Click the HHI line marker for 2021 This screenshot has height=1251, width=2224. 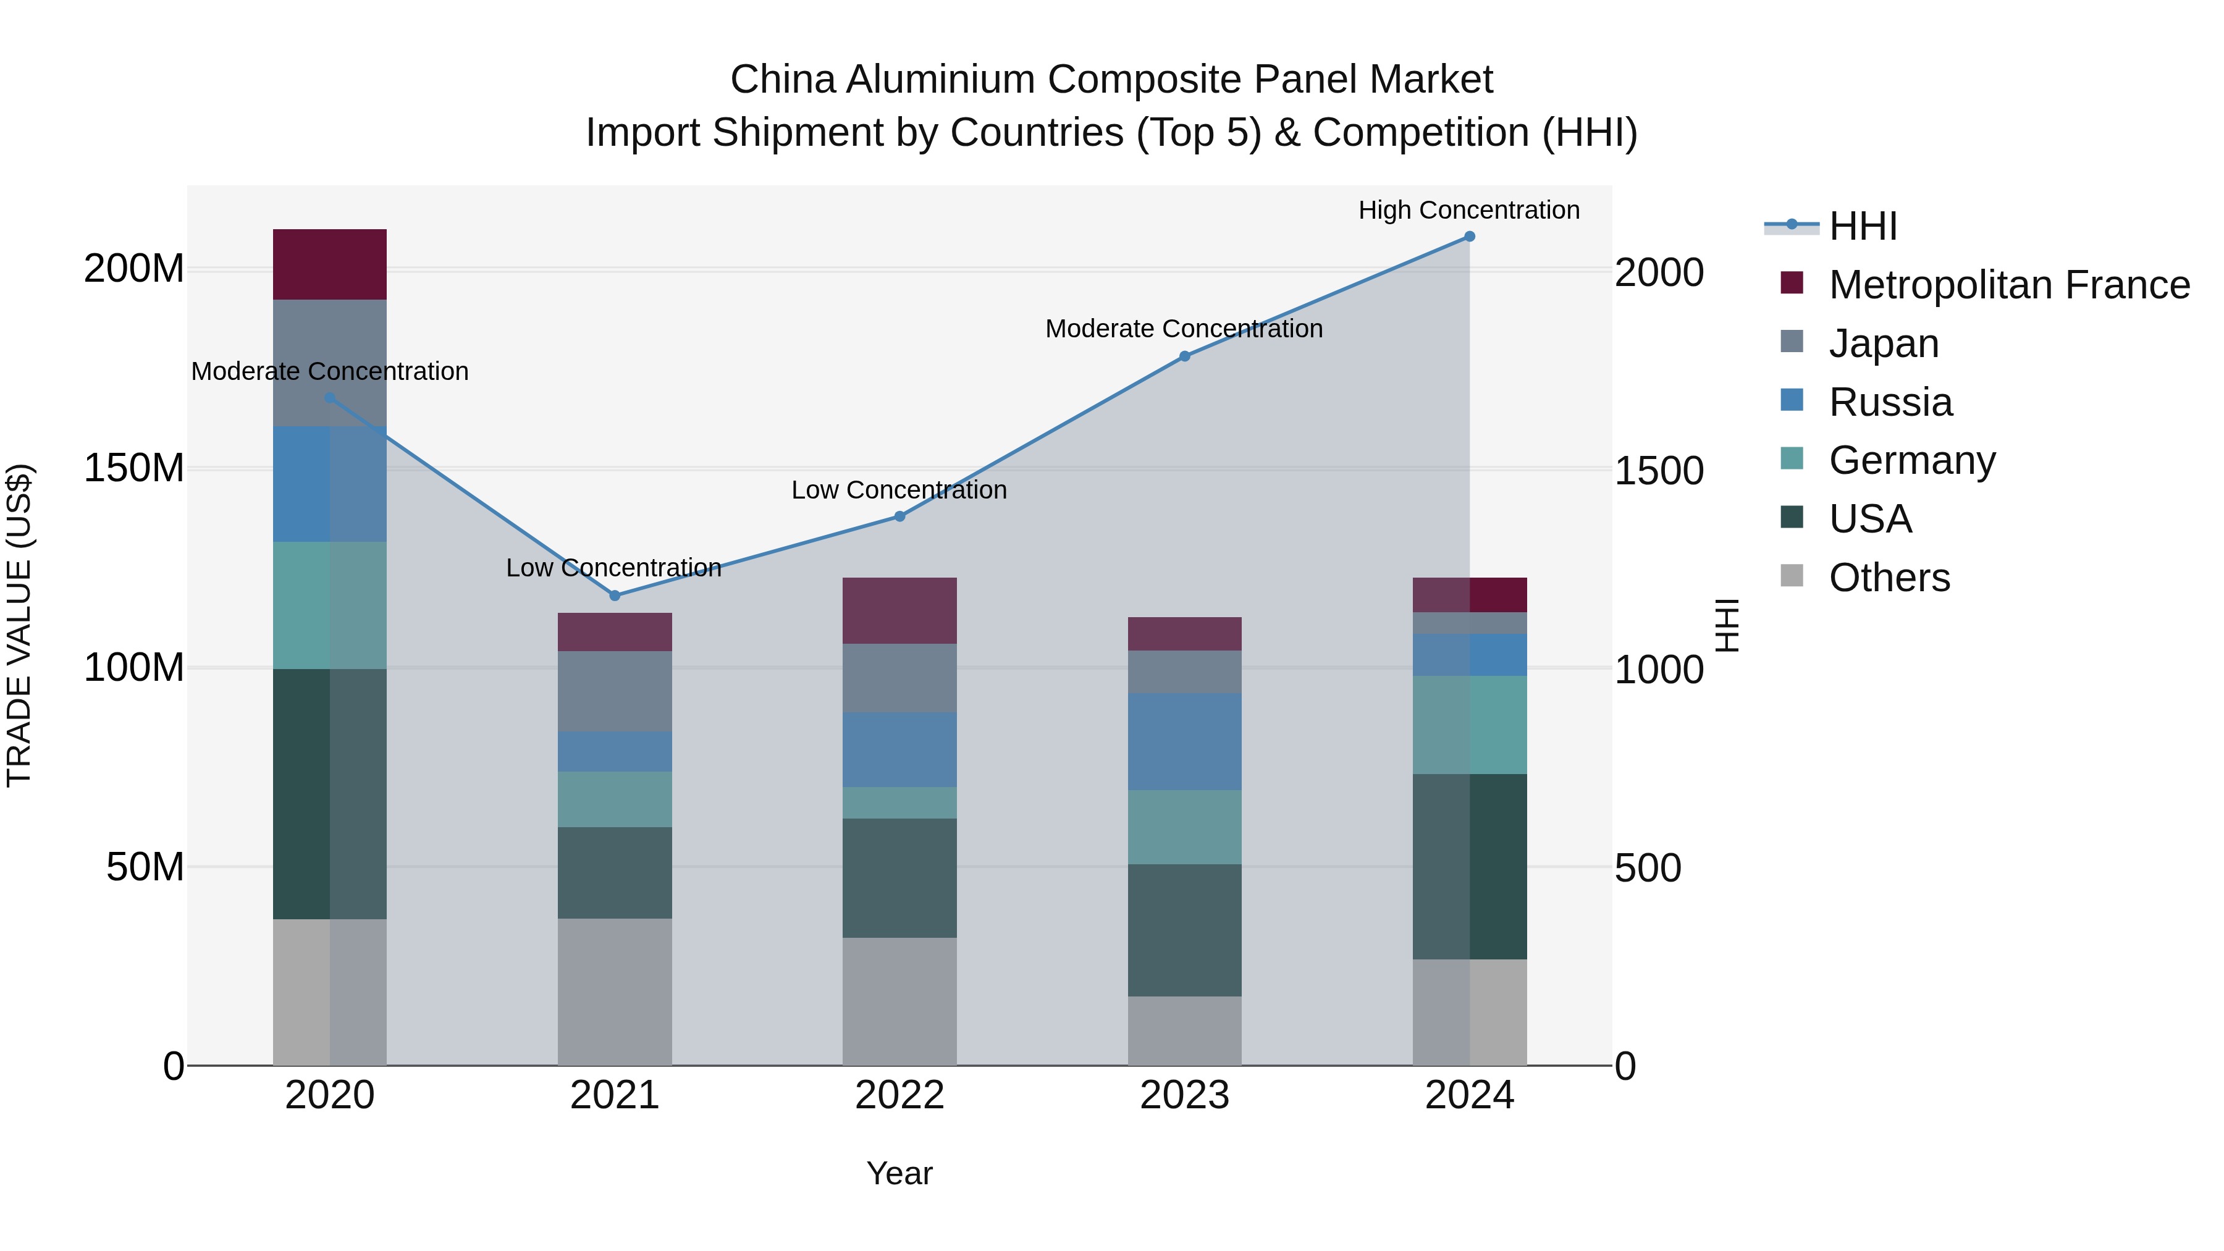(x=615, y=596)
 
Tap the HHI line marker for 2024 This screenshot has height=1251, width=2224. (x=1470, y=237)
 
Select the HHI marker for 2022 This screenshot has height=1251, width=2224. (x=899, y=516)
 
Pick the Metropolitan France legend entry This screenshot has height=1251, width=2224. (x=2008, y=285)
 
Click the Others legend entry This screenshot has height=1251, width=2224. (x=1889, y=578)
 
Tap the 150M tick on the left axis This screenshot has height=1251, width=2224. (x=134, y=469)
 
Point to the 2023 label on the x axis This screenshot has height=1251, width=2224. (x=1184, y=1095)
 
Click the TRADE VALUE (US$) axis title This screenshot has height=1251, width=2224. (x=19, y=625)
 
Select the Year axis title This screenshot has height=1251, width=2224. (x=899, y=1173)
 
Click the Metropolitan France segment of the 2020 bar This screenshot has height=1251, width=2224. (x=330, y=264)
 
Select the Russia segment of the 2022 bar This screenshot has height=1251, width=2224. (x=899, y=749)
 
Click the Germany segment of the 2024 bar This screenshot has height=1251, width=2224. (x=1470, y=725)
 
